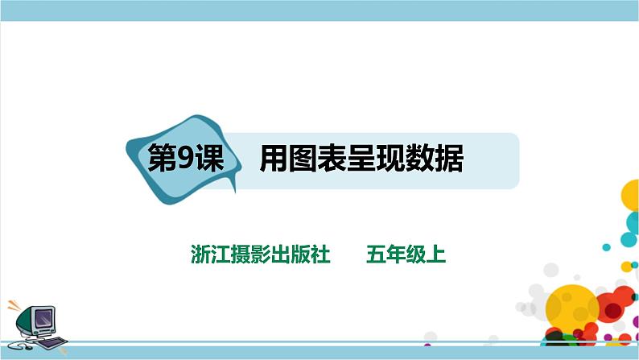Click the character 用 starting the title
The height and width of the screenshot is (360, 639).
tap(273, 159)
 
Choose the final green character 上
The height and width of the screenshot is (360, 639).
tap(435, 254)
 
